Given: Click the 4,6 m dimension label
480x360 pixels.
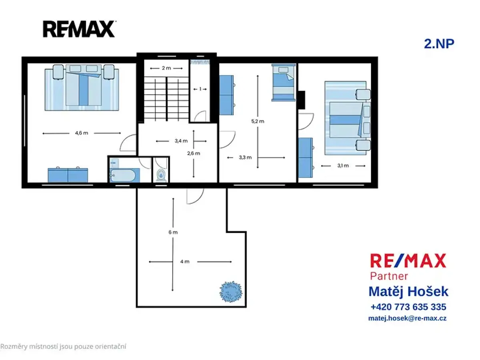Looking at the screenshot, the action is click(x=82, y=133).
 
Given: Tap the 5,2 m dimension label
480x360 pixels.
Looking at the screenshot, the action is click(x=258, y=121).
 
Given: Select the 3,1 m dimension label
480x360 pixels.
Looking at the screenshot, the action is click(x=343, y=166).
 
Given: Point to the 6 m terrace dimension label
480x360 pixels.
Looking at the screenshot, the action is click(x=173, y=232).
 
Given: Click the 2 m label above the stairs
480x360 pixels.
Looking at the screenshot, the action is click(x=166, y=68).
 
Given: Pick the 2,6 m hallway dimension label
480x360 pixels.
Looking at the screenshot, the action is click(x=194, y=154).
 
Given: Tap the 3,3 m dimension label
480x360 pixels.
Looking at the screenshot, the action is click(x=245, y=157).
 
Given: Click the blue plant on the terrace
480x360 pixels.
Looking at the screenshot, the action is click(x=231, y=292).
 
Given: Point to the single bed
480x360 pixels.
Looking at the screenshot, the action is click(x=284, y=82).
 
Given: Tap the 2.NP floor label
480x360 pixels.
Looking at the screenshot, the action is click(x=439, y=44).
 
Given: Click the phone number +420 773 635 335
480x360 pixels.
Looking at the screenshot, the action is click(x=408, y=307).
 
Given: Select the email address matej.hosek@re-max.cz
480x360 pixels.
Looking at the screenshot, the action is click(x=407, y=318).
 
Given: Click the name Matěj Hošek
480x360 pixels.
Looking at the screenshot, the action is click(x=408, y=292).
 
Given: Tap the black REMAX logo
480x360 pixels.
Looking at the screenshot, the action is click(x=79, y=29).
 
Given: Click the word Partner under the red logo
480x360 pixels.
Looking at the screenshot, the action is click(x=389, y=276).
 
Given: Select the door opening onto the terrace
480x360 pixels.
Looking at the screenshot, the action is click(x=195, y=196).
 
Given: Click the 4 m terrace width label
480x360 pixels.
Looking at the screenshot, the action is click(x=185, y=262).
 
